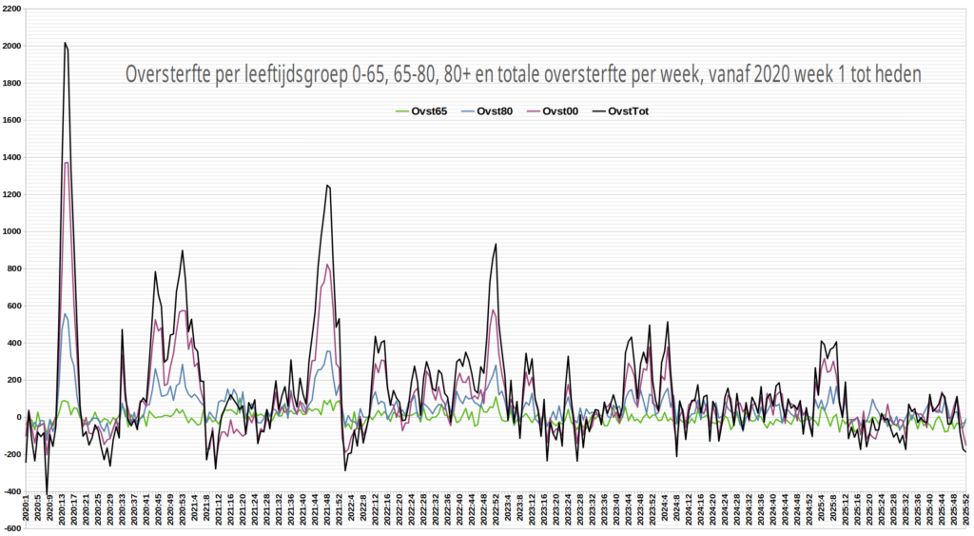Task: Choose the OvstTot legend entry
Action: click(633, 111)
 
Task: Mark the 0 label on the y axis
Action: click(17, 417)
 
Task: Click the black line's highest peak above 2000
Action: click(65, 43)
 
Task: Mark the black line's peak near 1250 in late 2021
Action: click(327, 186)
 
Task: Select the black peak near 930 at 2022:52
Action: click(496, 245)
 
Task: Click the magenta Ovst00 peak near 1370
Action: click(66, 163)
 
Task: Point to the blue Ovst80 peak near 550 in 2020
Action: click(65, 314)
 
